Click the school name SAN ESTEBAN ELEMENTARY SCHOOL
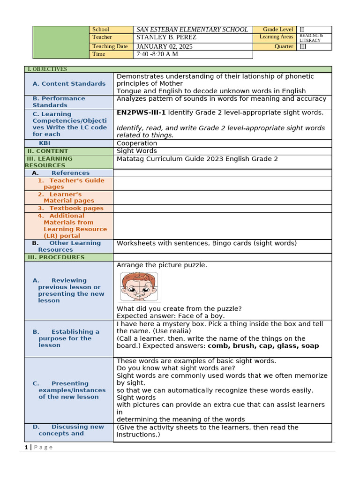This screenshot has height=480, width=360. (x=192, y=30)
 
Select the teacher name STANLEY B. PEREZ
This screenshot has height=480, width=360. (x=166, y=37)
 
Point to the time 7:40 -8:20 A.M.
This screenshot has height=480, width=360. (x=158, y=54)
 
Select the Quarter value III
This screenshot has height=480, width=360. (x=303, y=46)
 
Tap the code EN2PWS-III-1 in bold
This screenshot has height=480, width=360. (x=141, y=112)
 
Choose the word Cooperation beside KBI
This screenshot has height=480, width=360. (x=137, y=143)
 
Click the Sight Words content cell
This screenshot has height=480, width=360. (x=137, y=151)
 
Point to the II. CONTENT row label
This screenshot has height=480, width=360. (x=47, y=151)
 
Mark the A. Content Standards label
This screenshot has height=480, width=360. (x=69, y=84)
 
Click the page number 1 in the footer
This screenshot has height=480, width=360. (x=26, y=447)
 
